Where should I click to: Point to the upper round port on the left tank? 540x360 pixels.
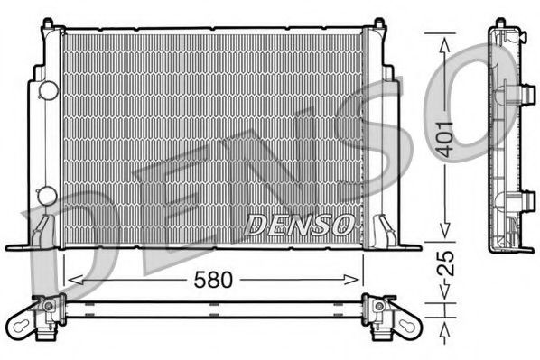(x=47, y=89)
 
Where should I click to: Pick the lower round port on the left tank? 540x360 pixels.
(x=47, y=194)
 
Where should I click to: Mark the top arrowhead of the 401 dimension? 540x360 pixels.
(x=442, y=38)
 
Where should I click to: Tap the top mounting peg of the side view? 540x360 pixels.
(x=499, y=23)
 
